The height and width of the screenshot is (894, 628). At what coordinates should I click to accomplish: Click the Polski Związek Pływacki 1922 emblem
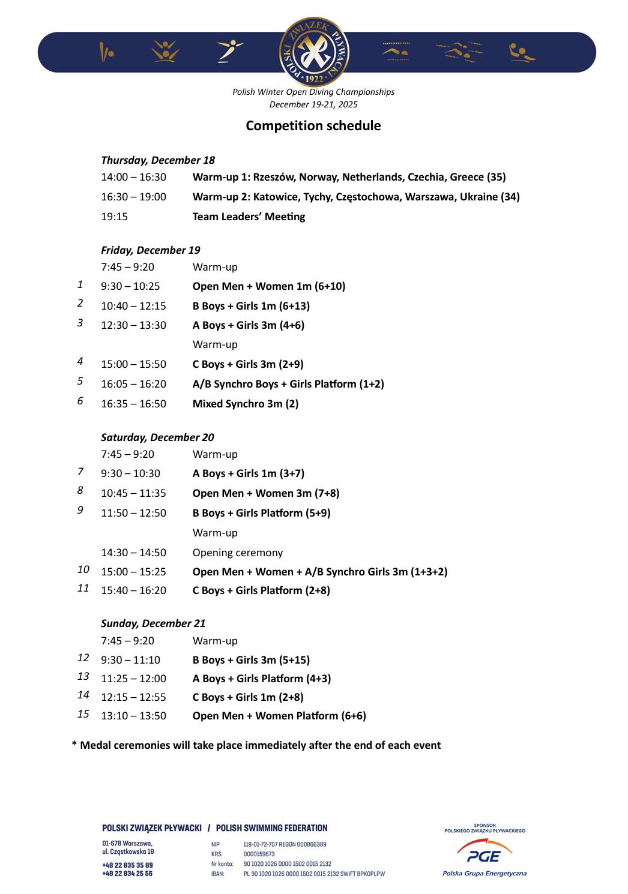click(314, 52)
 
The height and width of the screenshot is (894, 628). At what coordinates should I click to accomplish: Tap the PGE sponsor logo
click(485, 856)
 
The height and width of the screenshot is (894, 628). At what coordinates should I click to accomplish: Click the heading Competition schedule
click(313, 125)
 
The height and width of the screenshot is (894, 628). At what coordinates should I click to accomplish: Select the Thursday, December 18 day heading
click(158, 160)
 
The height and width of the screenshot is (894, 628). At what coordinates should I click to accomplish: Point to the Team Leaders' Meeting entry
click(249, 217)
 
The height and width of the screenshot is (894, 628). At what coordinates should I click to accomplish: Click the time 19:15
click(114, 217)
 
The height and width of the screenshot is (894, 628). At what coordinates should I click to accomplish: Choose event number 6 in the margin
click(80, 401)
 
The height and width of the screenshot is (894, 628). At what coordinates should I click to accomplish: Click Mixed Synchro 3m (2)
click(245, 404)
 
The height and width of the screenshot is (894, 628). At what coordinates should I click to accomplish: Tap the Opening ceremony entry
click(237, 553)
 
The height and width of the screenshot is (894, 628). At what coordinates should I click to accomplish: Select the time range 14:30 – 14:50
click(133, 553)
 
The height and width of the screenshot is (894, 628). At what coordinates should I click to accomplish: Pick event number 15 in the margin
click(83, 714)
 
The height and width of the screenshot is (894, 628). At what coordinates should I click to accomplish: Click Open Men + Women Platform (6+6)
click(279, 716)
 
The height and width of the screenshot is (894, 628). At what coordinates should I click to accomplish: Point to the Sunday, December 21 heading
click(153, 623)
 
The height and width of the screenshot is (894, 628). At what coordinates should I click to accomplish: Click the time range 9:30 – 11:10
click(130, 660)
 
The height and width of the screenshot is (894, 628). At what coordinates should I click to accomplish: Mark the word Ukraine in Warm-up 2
click(479, 197)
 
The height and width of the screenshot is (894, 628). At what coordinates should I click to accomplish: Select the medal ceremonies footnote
click(256, 745)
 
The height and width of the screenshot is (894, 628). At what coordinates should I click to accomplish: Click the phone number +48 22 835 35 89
click(127, 865)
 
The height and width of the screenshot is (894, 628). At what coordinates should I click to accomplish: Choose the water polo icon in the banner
click(522, 53)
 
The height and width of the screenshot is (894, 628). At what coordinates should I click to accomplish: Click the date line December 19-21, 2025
click(313, 104)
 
